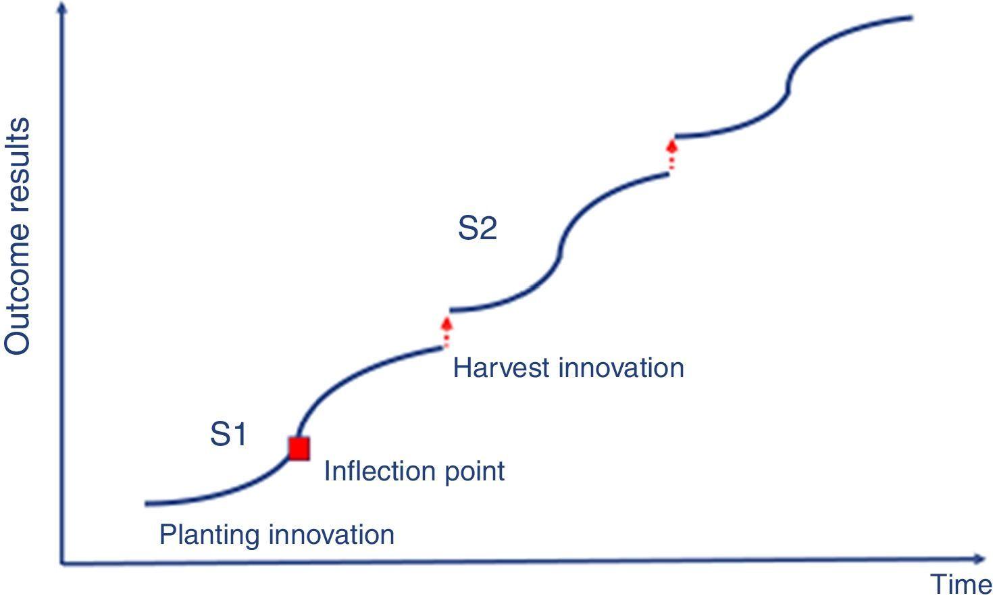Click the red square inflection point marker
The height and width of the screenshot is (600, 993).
[299, 449]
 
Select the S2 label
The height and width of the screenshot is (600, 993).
[477, 228]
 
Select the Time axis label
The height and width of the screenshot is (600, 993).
[961, 584]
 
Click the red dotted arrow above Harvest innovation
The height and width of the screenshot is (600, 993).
[446, 330]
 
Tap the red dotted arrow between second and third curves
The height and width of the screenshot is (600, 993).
[671, 155]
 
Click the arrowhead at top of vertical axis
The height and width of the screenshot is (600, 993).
[63, 9]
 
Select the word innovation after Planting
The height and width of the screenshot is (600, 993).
[332, 535]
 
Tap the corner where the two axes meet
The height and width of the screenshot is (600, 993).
[63, 561]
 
